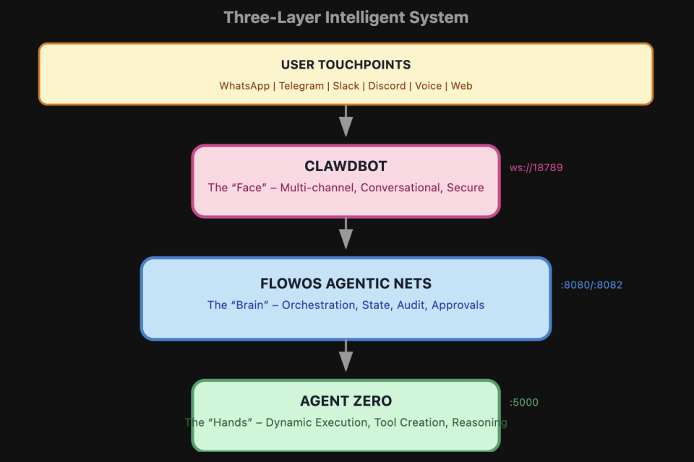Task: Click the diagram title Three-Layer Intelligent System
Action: pyautogui.click(x=346, y=17)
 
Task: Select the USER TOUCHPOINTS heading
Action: pyautogui.click(x=346, y=66)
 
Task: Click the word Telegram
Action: pyautogui.click(x=302, y=86)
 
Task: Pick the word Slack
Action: pyautogui.click(x=346, y=86)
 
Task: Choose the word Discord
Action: pyautogui.click(x=387, y=86)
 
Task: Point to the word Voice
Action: pyautogui.click(x=428, y=86)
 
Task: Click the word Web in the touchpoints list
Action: pyautogui.click(x=461, y=86)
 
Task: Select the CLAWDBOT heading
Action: pyautogui.click(x=346, y=167)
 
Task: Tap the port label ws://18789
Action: pyautogui.click(x=536, y=167)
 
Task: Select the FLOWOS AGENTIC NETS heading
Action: pyautogui.click(x=346, y=284)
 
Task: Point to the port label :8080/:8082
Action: pyautogui.click(x=591, y=285)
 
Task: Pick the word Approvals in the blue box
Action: pyautogui.click(x=458, y=305)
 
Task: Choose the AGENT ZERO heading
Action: pyautogui.click(x=346, y=401)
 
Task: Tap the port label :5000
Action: pyautogui.click(x=524, y=403)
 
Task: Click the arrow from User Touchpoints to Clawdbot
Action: pyautogui.click(x=346, y=121)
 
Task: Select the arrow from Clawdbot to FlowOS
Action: pyautogui.click(x=346, y=234)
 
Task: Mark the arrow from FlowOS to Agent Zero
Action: pyautogui.click(x=346, y=357)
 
